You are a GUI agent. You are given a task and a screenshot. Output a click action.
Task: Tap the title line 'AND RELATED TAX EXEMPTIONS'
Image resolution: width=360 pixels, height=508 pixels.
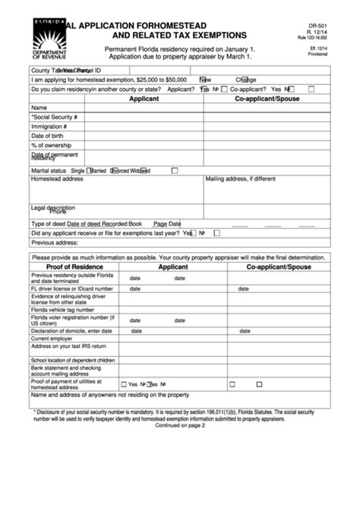coord(179,35)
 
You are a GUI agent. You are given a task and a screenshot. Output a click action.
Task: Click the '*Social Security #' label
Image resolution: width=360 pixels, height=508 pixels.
coord(55,117)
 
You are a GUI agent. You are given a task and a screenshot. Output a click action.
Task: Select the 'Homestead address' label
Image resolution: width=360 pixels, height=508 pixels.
coord(57,179)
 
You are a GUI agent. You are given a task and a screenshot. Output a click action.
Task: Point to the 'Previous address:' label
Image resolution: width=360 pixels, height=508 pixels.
coord(55,243)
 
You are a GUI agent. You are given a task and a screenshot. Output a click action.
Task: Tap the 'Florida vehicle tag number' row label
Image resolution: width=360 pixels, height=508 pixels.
coord(67,311)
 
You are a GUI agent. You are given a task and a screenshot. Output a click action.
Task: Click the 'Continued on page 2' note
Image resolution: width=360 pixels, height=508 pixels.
coord(180,425)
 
